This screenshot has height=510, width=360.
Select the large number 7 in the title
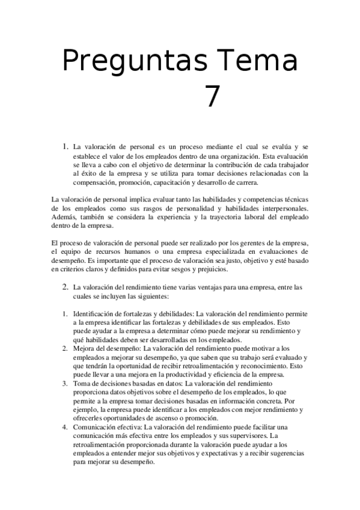coord(212,96)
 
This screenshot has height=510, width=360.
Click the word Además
coord(63,217)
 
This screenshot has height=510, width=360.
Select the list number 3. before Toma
coord(65,383)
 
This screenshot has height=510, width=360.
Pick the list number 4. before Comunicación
coord(65,427)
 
